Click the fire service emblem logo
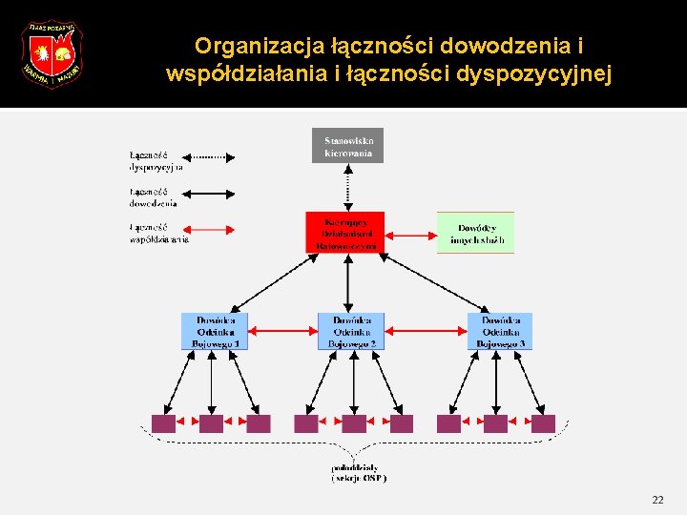[x=52, y=54]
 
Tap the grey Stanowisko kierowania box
[x=347, y=145]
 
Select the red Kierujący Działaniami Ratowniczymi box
[x=345, y=232]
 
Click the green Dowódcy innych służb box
[x=475, y=232]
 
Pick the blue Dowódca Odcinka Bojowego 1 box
[x=215, y=331]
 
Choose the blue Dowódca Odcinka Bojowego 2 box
[x=351, y=331]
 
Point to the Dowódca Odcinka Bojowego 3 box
[x=499, y=331]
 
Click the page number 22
[x=657, y=500]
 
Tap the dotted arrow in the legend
[x=208, y=154]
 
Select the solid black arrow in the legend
[x=208, y=193]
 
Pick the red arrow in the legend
[x=208, y=229]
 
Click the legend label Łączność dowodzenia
[x=153, y=197]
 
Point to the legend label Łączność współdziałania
[x=157, y=234]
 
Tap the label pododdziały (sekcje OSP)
[x=359, y=473]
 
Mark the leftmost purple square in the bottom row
[x=163, y=423]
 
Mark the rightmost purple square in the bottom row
[x=543, y=423]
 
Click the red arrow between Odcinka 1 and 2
[x=282, y=331]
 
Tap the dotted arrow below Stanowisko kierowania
[x=348, y=187]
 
